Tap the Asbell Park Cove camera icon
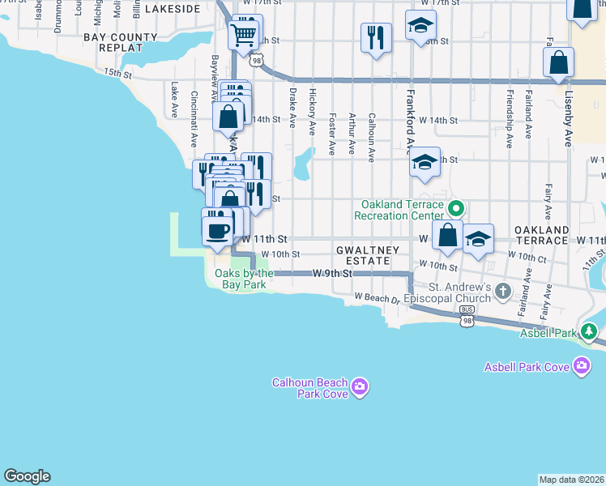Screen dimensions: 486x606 coord(581,367)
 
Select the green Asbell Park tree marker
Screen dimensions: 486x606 coord(589,331)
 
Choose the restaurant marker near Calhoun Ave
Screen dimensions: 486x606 coord(376,37)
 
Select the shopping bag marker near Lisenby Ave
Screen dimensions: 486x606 coord(558,62)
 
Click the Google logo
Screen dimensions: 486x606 coord(27,476)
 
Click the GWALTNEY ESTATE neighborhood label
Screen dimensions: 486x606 coord(368,256)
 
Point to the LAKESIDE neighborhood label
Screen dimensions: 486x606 coord(172,9)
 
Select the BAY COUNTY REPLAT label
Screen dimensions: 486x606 coord(119,42)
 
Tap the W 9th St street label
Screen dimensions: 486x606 coord(333,274)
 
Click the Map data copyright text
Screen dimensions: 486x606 coord(571,480)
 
